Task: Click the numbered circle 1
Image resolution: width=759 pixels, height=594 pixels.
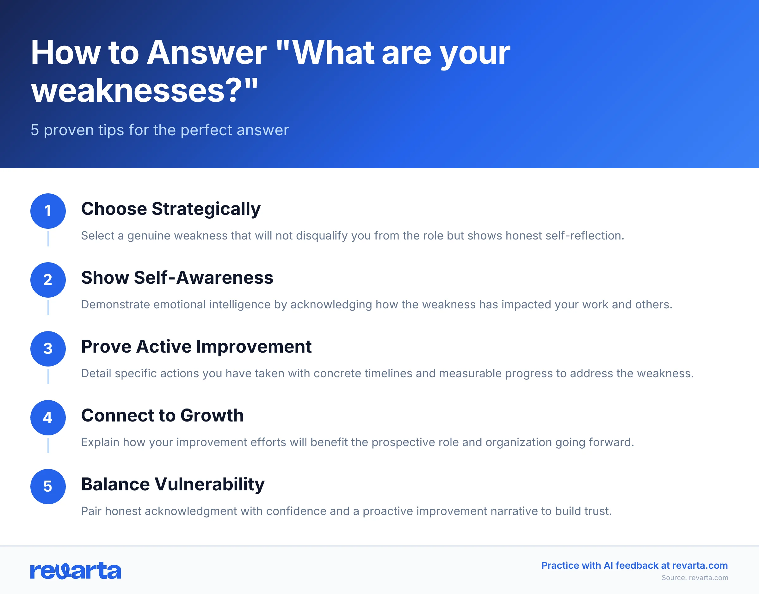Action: (x=48, y=211)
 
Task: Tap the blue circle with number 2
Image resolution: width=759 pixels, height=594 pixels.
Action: (x=48, y=280)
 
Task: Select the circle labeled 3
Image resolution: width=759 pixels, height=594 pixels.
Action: (x=48, y=349)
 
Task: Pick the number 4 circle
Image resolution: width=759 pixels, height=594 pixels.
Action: (x=48, y=417)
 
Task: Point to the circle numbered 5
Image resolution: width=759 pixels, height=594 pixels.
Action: (x=48, y=486)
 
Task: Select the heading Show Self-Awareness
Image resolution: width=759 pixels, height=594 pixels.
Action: (x=177, y=278)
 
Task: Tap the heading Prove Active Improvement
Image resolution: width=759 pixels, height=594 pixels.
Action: (x=196, y=347)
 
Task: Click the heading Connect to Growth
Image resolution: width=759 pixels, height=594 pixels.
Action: (x=162, y=415)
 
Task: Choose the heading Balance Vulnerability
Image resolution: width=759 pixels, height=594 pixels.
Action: (x=173, y=484)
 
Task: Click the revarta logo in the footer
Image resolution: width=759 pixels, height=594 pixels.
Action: (x=76, y=570)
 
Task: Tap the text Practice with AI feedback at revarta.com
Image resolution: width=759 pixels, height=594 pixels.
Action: (x=634, y=566)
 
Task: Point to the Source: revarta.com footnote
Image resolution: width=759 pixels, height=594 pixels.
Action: (x=694, y=578)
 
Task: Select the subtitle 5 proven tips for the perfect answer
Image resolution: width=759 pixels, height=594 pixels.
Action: (x=159, y=130)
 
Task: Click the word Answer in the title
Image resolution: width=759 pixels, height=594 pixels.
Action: (x=207, y=53)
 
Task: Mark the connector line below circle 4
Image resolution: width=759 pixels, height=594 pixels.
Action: (x=48, y=445)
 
